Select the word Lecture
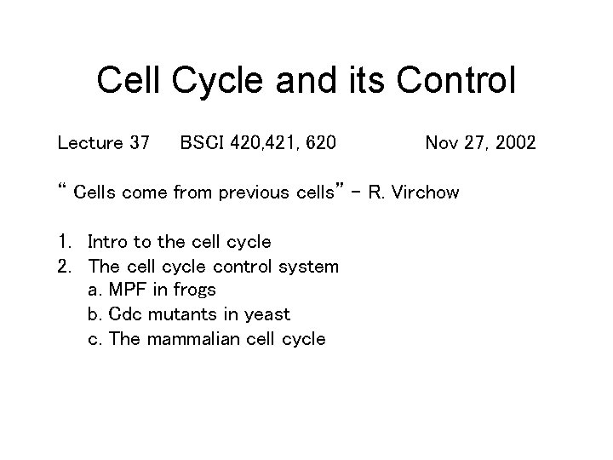tap(86, 142)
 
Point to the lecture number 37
tap(138, 142)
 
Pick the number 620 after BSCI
tap(319, 142)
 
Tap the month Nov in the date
tap(442, 142)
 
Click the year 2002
tap(513, 142)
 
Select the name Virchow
tap(427, 193)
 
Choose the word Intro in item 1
tap(108, 242)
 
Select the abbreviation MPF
tap(128, 290)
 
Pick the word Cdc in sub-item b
tap(127, 314)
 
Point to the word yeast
tap(266, 315)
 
